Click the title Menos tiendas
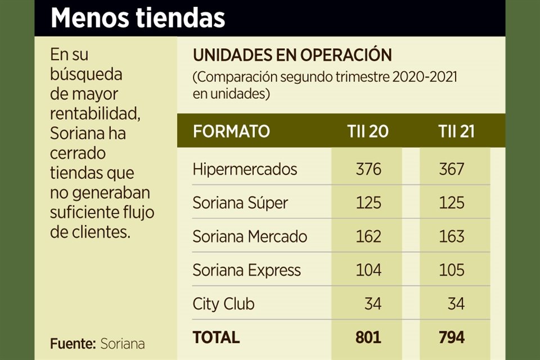tap(138, 18)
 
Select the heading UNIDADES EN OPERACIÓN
tap(292, 55)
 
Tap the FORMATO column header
tap(231, 132)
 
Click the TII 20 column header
tap(368, 132)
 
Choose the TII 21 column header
tap(456, 132)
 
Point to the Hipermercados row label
tap(245, 169)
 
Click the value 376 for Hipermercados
tap(368, 169)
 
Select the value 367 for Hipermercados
tap(452, 169)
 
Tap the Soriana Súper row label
tap(240, 202)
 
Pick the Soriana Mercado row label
tap(250, 236)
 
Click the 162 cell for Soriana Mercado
tap(368, 236)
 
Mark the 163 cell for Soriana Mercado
tap(452, 236)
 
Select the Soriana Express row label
tap(246, 270)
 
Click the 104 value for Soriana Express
tap(368, 270)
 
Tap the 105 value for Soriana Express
tap(452, 270)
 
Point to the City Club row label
tap(223, 304)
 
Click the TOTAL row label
tap(216, 337)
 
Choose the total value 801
tap(368, 337)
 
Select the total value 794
tap(452, 337)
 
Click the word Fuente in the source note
tap(72, 343)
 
